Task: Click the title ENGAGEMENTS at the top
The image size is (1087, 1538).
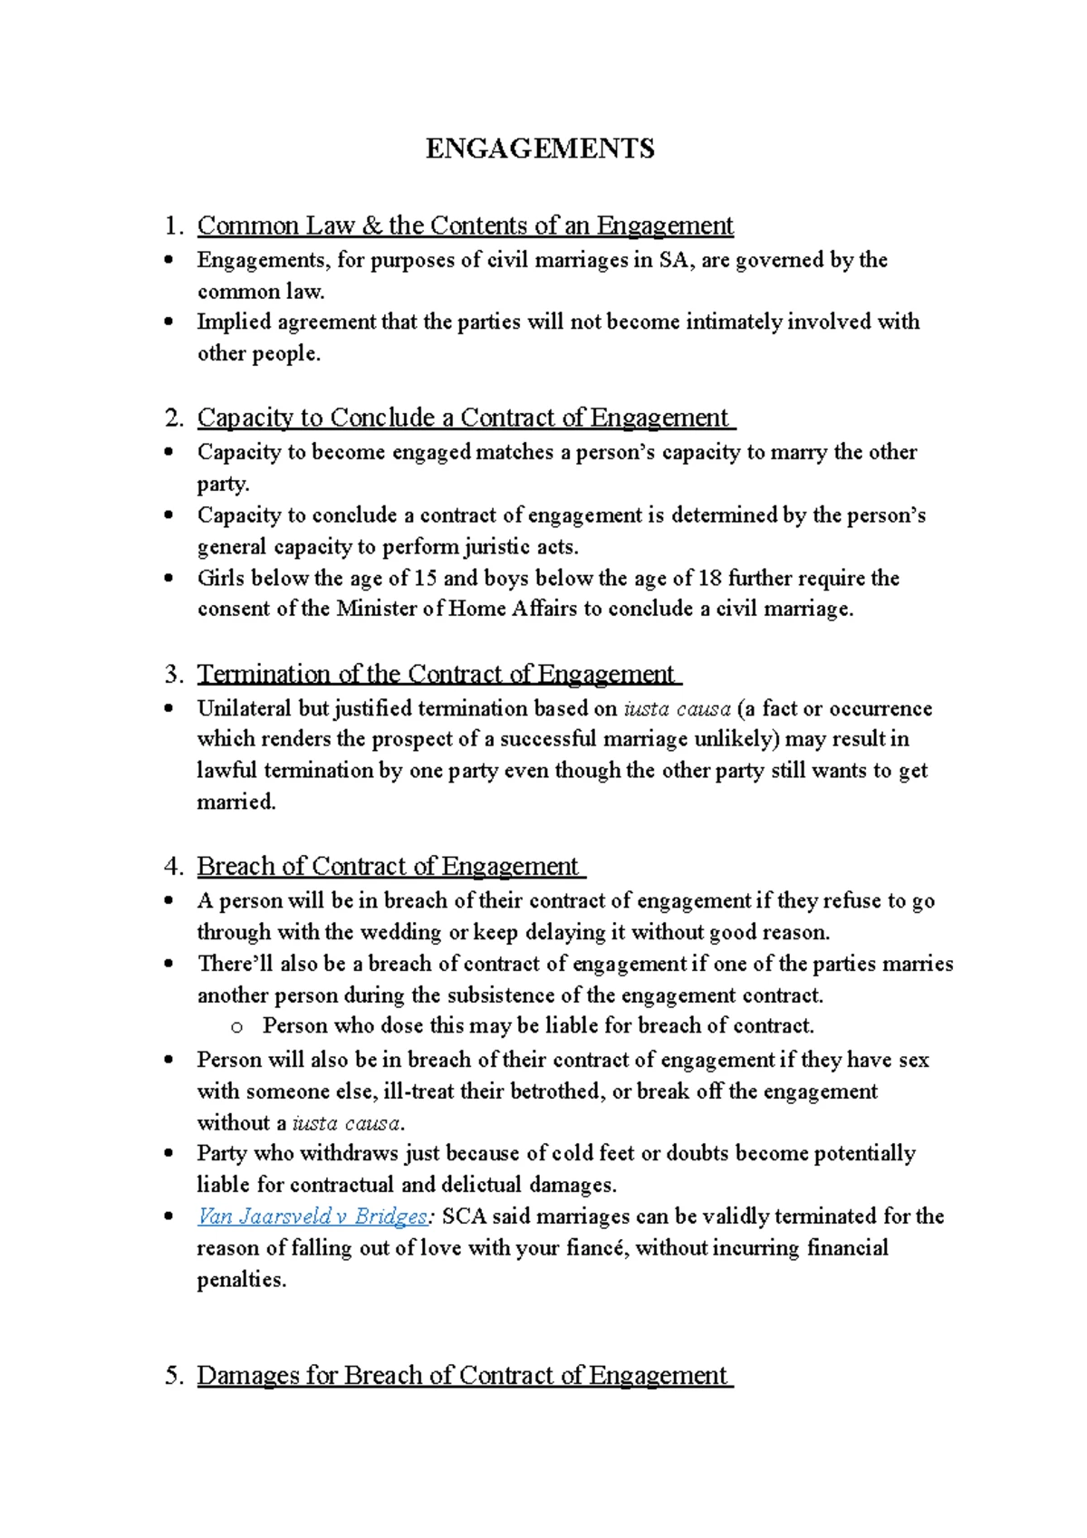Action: click(541, 149)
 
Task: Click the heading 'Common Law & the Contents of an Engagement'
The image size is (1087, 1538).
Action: click(465, 225)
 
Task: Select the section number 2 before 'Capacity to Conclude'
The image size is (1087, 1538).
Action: click(173, 418)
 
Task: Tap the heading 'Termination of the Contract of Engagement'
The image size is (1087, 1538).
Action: click(436, 674)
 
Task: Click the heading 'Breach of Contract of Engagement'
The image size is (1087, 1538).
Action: click(388, 866)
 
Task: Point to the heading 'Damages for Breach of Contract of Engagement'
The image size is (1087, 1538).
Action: click(462, 1375)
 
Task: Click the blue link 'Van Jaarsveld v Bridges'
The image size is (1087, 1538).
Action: click(312, 1216)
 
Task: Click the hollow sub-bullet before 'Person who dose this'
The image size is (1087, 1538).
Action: click(237, 1027)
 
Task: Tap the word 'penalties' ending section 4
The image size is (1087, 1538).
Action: click(239, 1280)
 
